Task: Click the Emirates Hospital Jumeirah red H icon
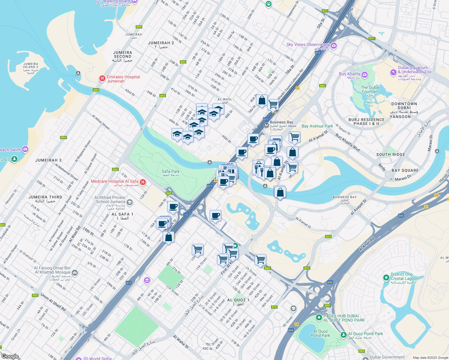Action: pyautogui.click(x=102, y=79)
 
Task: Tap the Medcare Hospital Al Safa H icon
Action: pyautogui.click(x=143, y=182)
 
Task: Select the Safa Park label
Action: pyautogui.click(x=170, y=172)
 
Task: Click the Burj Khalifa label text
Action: pyautogui.click(x=349, y=74)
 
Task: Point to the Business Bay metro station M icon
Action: pyautogui.click(x=266, y=125)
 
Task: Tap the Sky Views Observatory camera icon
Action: pyautogui.click(x=334, y=46)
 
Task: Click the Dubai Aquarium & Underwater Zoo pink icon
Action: pyautogui.click(x=393, y=73)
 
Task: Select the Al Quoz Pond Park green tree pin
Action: pyautogui.click(x=344, y=334)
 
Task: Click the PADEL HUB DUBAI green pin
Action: pyautogui.click(x=319, y=317)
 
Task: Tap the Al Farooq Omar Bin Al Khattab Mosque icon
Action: pyautogui.click(x=75, y=273)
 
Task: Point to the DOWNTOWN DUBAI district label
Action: pyautogui.click(x=404, y=106)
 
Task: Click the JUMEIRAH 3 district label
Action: pyautogui.click(x=48, y=160)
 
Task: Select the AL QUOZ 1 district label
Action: pyautogui.click(x=238, y=300)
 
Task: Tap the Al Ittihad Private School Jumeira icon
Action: pyautogui.click(x=129, y=202)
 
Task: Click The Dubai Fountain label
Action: pyautogui.click(x=370, y=89)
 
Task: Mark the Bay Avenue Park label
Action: pyautogui.click(x=317, y=126)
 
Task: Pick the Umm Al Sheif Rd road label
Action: pyautogui.click(x=53, y=302)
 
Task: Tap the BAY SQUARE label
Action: pyautogui.click(x=405, y=170)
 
